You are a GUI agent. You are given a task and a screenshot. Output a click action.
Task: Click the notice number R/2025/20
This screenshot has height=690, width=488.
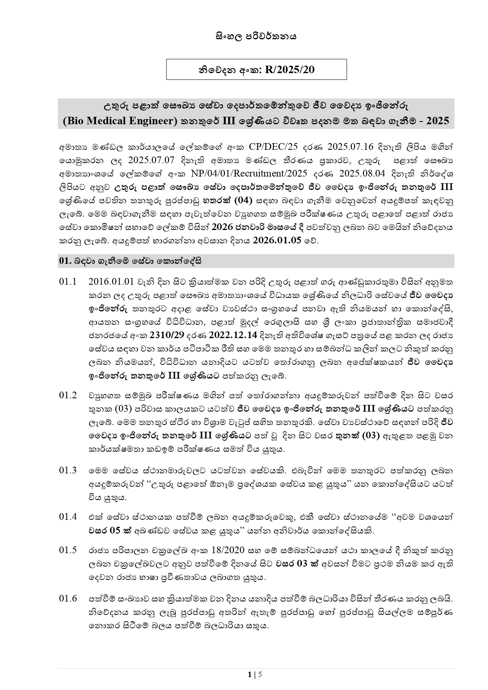(290, 70)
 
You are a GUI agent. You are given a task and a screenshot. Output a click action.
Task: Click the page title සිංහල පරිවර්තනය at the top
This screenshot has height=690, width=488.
(256, 37)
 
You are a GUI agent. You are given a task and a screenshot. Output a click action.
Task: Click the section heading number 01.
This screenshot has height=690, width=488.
(64, 261)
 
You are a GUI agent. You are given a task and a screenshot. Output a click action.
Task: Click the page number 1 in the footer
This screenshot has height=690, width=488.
(250, 675)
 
